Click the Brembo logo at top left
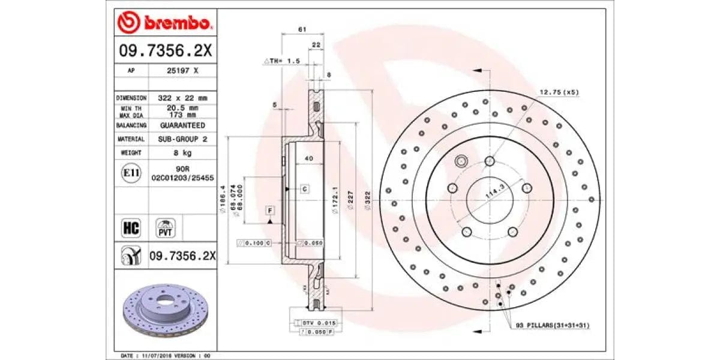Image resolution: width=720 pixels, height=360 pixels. tap(164, 23)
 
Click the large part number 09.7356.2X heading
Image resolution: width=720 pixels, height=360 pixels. tap(164, 51)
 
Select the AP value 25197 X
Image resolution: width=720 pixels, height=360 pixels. tap(182, 70)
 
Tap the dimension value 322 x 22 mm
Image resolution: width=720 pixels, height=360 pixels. tap(182, 98)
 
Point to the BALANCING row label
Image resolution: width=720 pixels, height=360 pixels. tap(131, 125)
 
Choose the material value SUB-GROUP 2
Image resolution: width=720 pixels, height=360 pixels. tap(182, 139)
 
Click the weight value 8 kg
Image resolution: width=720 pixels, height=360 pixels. tap(182, 153)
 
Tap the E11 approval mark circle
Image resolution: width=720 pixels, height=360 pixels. tap(131, 173)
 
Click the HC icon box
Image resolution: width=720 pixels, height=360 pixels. tap(131, 228)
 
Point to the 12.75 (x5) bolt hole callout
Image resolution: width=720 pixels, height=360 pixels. tap(559, 92)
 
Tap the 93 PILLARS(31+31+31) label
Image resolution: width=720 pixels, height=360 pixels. tap(553, 325)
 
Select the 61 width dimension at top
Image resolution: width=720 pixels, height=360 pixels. tap(302, 29)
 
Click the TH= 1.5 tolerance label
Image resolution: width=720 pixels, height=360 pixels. tap(281, 61)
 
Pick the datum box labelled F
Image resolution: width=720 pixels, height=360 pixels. tap(270, 211)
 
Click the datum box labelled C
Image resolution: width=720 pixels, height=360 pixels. tap(304, 189)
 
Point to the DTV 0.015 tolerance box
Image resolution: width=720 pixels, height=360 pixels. tap(317, 323)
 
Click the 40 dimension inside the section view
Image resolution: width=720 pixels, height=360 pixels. tap(308, 158)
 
